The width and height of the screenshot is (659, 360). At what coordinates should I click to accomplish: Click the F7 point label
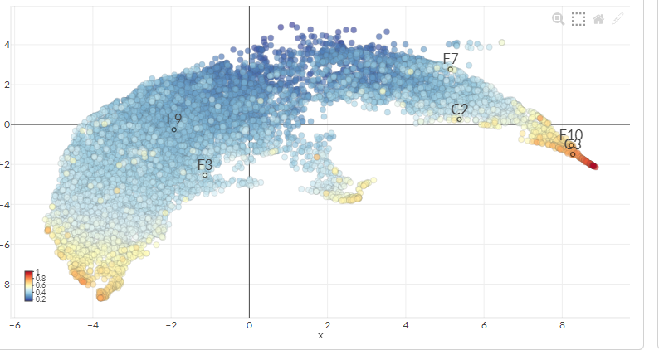point(451,58)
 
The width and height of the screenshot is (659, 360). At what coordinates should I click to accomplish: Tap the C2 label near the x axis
point(460,109)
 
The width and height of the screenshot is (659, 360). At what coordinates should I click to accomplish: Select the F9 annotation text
point(174,119)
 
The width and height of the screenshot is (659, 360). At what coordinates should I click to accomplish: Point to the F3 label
point(205,164)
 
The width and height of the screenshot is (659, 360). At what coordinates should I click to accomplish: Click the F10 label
point(571,134)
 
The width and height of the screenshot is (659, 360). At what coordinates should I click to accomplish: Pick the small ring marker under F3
point(205,175)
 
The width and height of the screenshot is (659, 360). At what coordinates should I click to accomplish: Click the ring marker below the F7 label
point(451,69)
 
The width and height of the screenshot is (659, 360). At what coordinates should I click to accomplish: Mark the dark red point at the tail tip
point(594,167)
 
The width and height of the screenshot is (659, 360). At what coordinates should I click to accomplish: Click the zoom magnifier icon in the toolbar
point(559,18)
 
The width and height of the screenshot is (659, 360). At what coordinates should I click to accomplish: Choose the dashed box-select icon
point(578,18)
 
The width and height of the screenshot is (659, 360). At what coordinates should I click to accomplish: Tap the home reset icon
point(598,18)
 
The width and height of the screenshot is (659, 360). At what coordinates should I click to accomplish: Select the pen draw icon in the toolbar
point(618,18)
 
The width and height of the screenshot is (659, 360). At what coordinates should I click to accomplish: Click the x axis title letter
point(320,336)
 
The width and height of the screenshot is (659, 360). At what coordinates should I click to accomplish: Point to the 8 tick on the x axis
point(562,326)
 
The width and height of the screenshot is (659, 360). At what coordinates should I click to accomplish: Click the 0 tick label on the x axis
point(249,326)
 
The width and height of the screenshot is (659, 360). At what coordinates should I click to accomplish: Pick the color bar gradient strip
point(28,285)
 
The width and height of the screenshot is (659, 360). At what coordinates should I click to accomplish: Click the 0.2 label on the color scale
point(41,299)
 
